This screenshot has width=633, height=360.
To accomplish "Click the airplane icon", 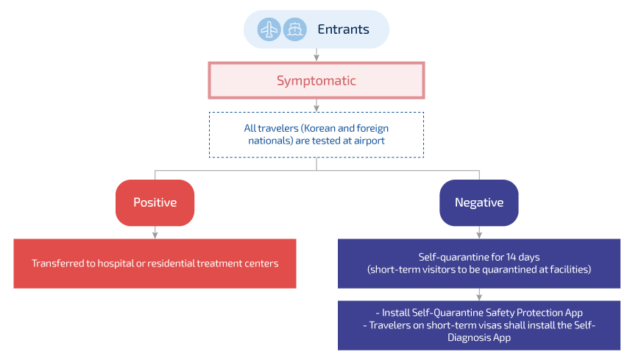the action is click(269, 29).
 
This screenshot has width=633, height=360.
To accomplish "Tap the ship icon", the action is click(295, 29).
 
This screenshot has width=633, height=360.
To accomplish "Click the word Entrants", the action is click(343, 29).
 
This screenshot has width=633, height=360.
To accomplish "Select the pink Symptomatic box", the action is click(316, 80).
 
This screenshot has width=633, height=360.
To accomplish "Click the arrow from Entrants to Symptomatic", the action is click(316, 55).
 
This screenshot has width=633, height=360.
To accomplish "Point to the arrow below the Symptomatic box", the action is click(316, 105).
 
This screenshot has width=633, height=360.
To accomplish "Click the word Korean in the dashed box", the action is click(319, 128).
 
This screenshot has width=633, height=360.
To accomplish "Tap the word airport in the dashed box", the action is click(369, 141).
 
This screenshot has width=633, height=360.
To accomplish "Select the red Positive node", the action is click(155, 202).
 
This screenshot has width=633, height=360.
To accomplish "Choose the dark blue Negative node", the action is click(479, 202).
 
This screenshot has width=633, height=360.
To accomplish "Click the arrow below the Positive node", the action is click(155, 233).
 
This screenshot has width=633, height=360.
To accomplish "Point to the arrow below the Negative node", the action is click(479, 233).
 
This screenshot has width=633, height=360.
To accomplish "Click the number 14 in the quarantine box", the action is click(511, 257).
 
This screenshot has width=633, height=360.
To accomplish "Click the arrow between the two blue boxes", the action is click(479, 294).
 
